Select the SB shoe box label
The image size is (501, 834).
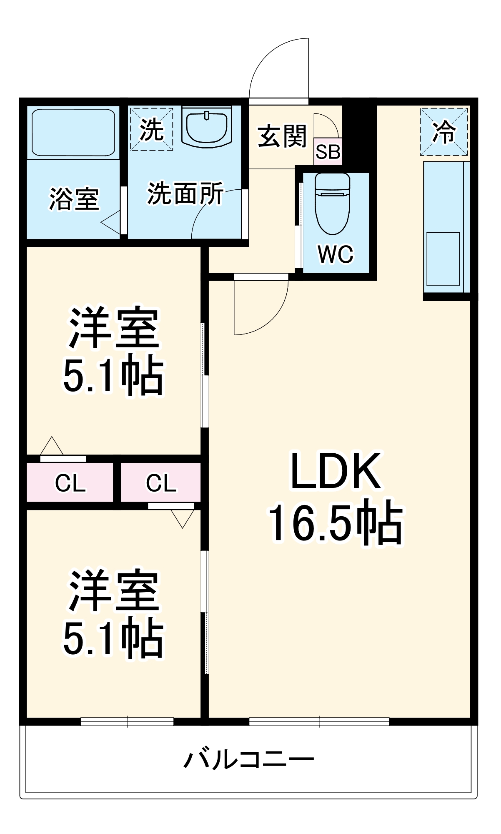328,152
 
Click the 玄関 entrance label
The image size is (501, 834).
282,136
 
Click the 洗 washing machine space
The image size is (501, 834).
151,129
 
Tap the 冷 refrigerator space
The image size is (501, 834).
443,132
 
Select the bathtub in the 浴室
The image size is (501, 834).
73,133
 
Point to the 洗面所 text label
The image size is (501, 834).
185,193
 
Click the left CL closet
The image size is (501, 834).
70,483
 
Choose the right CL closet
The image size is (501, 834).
161,483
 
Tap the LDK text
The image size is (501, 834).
336,471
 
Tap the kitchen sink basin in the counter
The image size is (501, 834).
443,259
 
